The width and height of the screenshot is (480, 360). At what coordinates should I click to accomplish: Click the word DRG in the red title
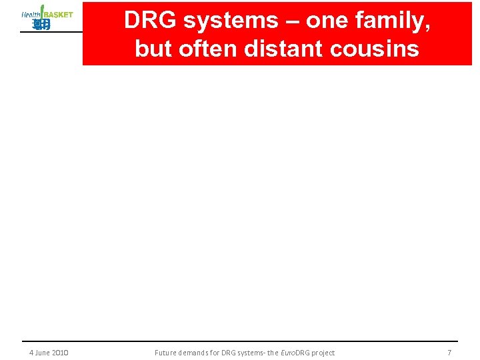tap(151, 21)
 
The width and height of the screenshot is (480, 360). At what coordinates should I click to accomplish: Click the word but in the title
tap(151, 49)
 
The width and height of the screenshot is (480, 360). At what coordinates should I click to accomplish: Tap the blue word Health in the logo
tap(31, 15)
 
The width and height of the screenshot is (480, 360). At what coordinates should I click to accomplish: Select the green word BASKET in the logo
tap(58, 15)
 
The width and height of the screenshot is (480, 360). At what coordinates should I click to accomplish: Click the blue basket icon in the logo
tap(41, 25)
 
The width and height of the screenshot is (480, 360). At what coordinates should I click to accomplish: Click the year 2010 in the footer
tap(59, 353)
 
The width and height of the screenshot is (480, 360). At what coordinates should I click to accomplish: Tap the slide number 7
tap(449, 353)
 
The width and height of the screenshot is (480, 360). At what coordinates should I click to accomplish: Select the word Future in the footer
tap(165, 353)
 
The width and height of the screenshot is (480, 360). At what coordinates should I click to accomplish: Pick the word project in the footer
tap(321, 353)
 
